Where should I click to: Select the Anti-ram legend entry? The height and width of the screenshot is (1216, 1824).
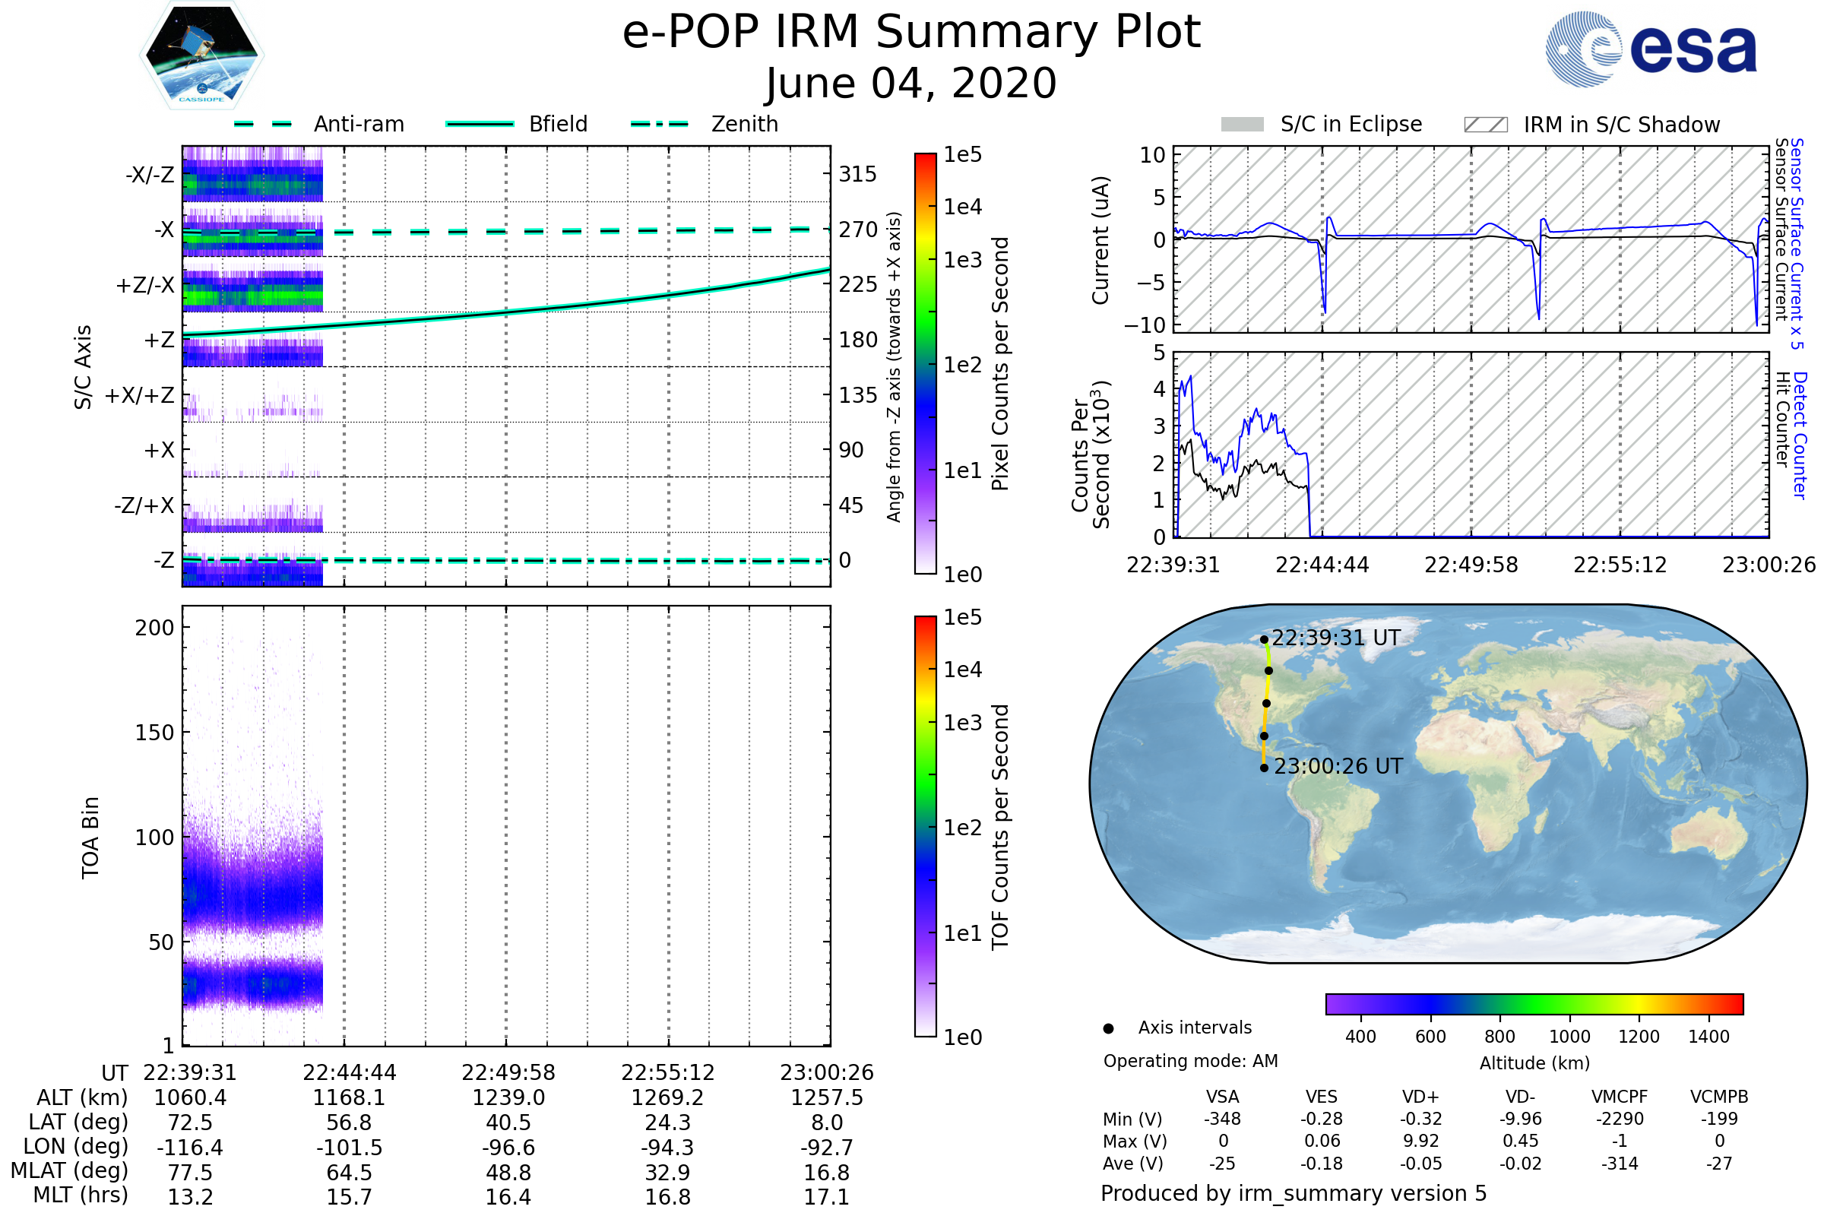click(x=358, y=124)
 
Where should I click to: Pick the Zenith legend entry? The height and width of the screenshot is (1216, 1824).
click(x=744, y=124)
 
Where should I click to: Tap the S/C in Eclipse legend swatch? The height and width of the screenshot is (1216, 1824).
click(x=1242, y=125)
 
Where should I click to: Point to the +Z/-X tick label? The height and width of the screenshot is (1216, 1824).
click(x=145, y=286)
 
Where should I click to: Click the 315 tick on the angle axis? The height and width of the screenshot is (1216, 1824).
click(x=857, y=175)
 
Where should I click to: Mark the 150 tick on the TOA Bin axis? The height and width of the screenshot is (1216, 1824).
click(x=154, y=733)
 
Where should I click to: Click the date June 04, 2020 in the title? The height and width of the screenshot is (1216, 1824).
click(x=910, y=84)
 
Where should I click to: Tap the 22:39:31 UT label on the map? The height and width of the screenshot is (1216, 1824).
click(x=1336, y=638)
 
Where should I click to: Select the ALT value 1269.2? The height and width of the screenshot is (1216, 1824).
click(x=667, y=1097)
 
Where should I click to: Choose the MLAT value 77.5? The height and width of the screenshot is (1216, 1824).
click(x=190, y=1172)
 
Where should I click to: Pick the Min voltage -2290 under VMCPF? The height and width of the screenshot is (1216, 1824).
click(x=1620, y=1119)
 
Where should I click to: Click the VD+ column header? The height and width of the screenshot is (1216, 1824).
click(x=1420, y=1097)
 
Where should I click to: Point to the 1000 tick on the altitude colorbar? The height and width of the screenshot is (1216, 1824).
click(x=1569, y=1037)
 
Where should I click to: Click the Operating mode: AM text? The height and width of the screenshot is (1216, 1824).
click(x=1190, y=1061)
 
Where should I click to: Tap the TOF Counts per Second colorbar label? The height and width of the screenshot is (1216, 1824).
click(x=1000, y=827)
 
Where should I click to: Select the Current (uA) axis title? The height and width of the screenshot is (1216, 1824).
click(x=1100, y=240)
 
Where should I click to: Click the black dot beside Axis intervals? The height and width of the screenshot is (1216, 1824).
click(x=1108, y=1028)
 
